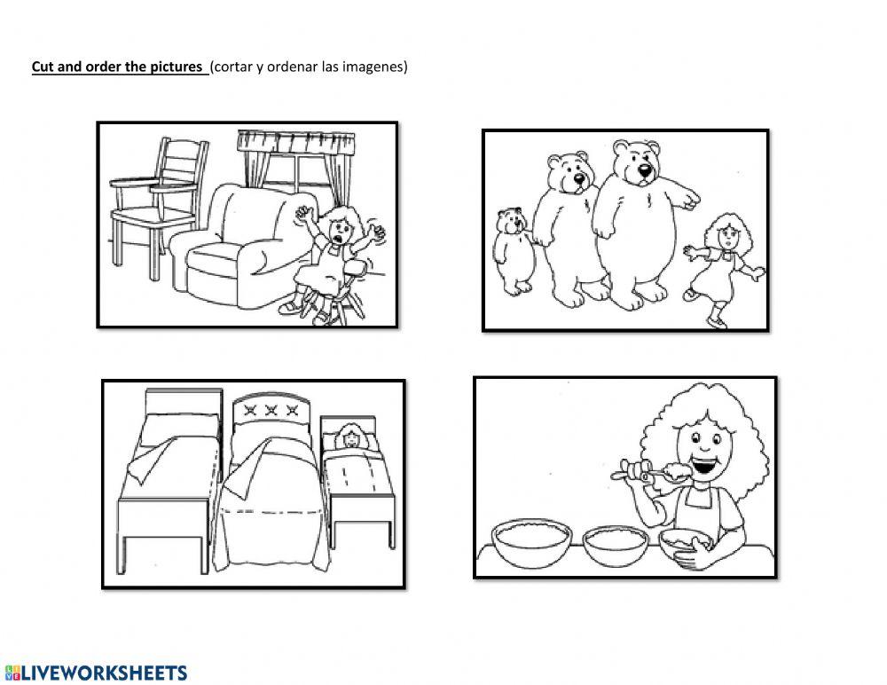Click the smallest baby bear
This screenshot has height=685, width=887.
click(512, 249)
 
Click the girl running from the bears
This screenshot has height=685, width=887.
click(719, 266)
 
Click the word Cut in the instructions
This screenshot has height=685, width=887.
click(43, 67)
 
